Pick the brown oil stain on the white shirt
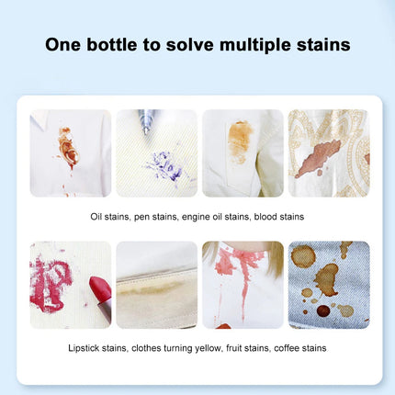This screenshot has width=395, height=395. [x=67, y=147]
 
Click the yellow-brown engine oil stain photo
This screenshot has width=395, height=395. [x=240, y=152]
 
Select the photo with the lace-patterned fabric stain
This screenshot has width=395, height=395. [x=328, y=152]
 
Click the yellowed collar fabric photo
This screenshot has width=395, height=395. [x=156, y=285]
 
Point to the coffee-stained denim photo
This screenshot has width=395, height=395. [x=328, y=285]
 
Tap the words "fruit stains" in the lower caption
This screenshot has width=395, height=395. [x=243, y=348]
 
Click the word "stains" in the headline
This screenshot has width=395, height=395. [x=326, y=45]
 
